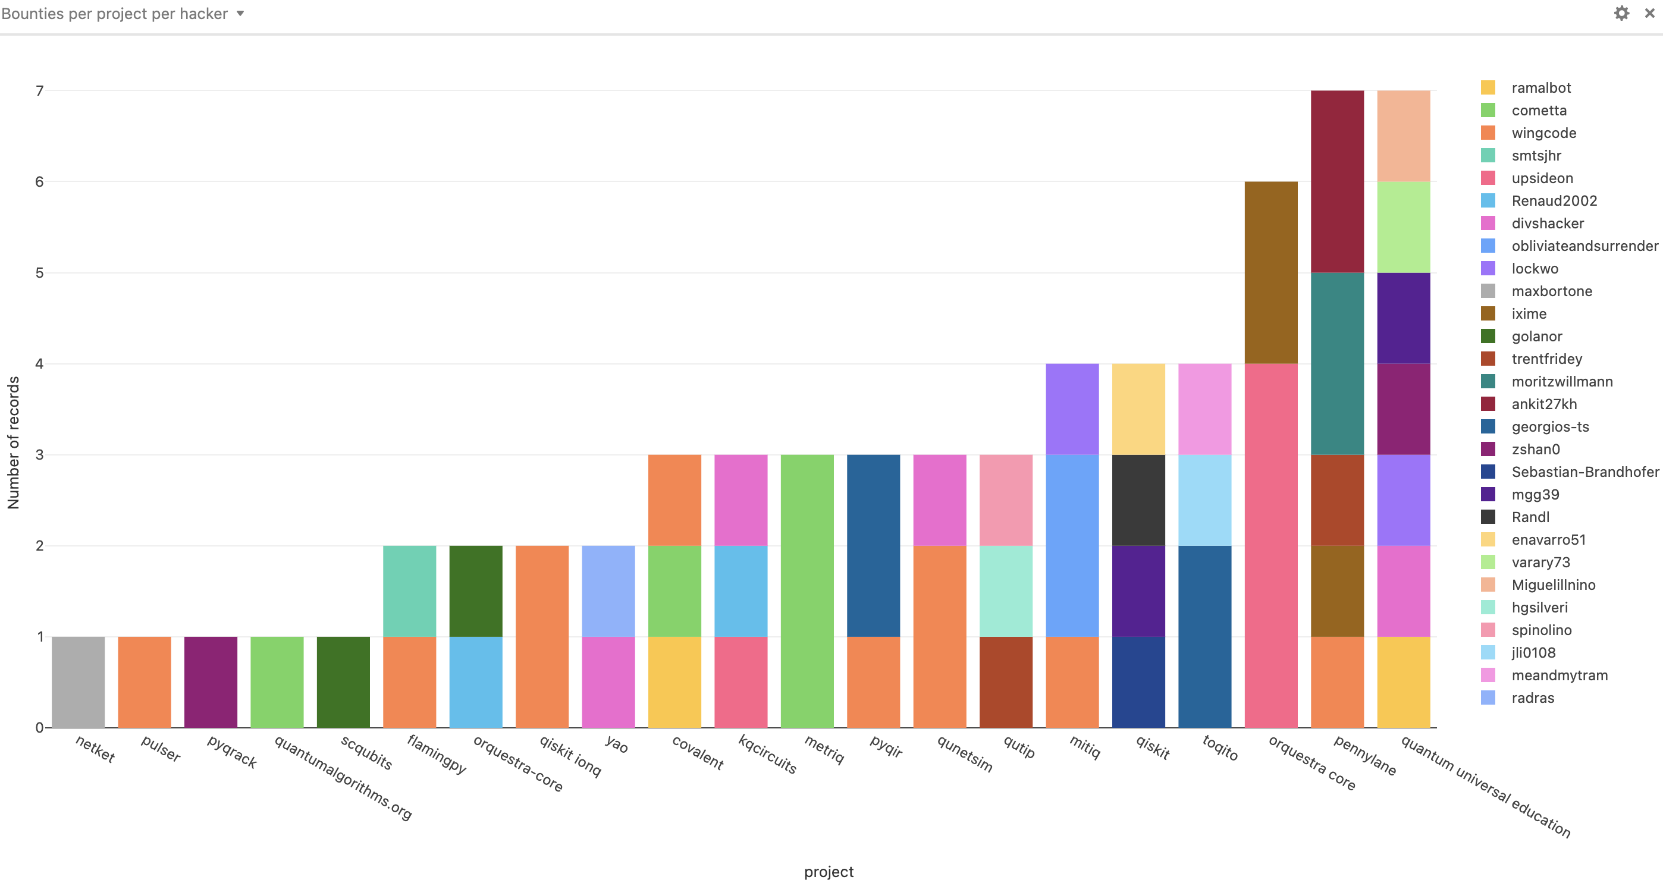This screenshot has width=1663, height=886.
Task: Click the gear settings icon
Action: point(1621,14)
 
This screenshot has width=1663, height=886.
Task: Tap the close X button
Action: point(1649,14)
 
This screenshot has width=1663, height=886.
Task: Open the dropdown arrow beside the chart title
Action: point(240,14)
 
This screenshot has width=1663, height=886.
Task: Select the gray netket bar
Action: point(78,681)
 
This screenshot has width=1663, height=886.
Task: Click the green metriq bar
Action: point(807,590)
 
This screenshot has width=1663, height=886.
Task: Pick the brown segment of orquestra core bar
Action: point(1270,272)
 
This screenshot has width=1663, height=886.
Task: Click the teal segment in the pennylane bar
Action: point(1337,363)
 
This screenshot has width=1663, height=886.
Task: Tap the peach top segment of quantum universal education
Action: point(1404,136)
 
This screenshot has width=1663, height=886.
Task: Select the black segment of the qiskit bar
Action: point(1138,499)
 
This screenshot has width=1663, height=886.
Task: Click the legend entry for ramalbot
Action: point(1541,88)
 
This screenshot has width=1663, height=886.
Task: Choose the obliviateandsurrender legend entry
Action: point(1584,246)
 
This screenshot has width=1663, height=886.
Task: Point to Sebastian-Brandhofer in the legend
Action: point(1584,472)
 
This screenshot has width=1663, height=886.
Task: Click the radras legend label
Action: point(1533,698)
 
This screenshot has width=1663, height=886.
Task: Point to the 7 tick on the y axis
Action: point(39,91)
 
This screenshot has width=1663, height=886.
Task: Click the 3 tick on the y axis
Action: point(39,455)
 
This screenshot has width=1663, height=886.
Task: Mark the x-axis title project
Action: point(829,872)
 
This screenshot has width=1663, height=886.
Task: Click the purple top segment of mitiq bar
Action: point(1072,409)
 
